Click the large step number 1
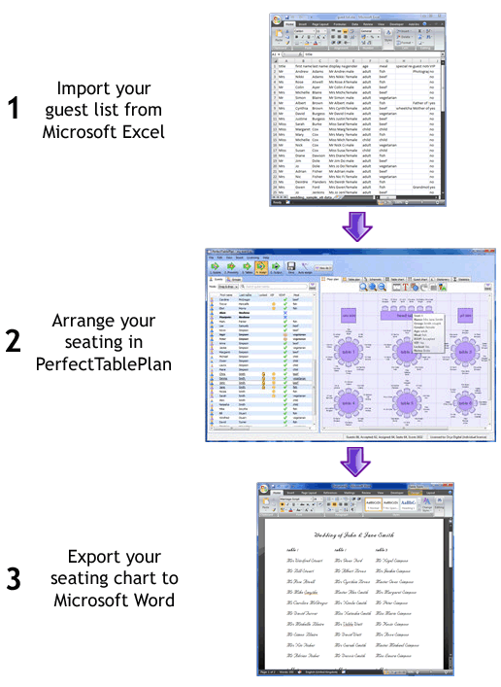tap(14, 108)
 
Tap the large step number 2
tap(14, 341)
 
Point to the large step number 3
tap(14, 579)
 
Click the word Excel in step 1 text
tap(148, 131)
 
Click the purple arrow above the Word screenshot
tap(359, 461)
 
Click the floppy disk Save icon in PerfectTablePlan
tap(291, 264)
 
